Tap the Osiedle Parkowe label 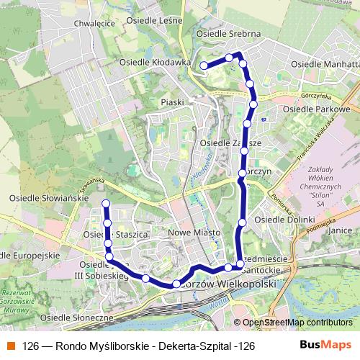point(317,109)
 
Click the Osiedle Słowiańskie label point(43,197)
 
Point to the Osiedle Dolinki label point(286,219)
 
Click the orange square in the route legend point(11,345)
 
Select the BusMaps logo point(325,344)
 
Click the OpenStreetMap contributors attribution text point(296,323)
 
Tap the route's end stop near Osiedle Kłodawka point(204,66)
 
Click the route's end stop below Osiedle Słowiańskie point(105,203)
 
